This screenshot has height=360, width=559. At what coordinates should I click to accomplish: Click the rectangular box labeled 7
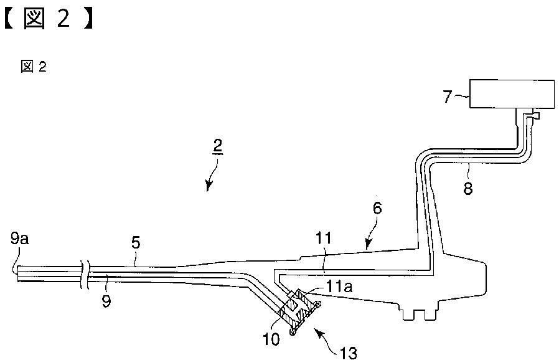(x=512, y=93)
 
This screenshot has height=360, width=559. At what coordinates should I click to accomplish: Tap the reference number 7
(x=448, y=96)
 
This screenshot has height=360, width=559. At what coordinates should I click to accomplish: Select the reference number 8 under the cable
(x=467, y=187)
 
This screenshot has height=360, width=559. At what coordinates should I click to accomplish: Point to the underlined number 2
(x=217, y=146)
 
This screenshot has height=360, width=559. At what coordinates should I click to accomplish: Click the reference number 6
(x=377, y=209)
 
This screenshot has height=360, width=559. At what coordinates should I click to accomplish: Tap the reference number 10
(x=271, y=339)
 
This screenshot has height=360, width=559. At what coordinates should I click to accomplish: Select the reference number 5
(x=136, y=243)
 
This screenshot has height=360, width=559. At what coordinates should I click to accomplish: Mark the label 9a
(x=19, y=239)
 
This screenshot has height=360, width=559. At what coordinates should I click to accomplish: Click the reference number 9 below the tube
(x=106, y=301)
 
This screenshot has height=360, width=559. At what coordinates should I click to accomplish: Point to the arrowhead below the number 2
(x=209, y=186)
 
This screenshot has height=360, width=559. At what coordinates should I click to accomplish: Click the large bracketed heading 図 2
(x=49, y=19)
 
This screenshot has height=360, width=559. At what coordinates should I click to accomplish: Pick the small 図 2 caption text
(x=34, y=67)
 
